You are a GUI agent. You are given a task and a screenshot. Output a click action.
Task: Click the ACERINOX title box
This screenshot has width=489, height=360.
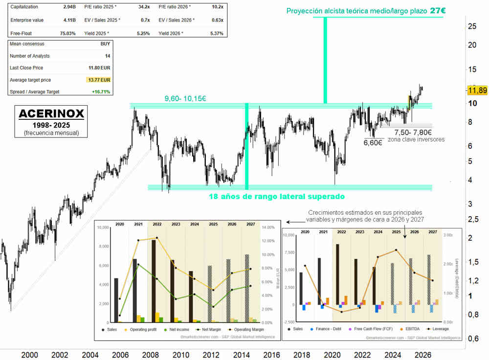51,119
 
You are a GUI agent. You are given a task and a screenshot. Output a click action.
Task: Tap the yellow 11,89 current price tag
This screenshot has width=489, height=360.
477,90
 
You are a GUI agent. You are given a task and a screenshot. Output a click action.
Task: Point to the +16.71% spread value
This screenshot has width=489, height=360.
101,91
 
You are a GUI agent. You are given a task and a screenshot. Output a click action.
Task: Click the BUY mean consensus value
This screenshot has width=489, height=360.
105,44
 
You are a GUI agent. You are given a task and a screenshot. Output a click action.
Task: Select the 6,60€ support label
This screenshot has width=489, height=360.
373,143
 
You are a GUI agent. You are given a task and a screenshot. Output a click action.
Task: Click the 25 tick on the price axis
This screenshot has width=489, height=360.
472,26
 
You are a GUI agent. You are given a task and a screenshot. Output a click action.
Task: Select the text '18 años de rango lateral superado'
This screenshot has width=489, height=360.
276,196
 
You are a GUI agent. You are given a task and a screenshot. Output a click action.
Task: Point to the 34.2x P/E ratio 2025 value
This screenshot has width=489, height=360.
144,7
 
